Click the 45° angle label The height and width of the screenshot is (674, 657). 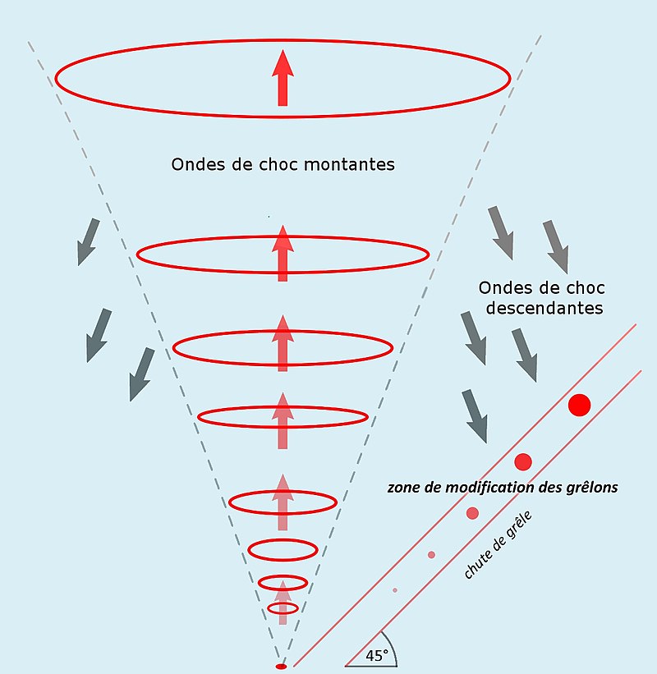[377, 655]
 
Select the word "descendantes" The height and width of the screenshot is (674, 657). [544, 309]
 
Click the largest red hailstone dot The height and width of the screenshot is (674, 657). [579, 405]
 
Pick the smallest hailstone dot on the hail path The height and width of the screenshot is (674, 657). [395, 589]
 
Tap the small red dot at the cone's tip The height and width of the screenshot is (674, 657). [281, 666]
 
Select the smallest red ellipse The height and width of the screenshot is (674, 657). [283, 608]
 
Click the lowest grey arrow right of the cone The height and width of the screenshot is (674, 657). [475, 417]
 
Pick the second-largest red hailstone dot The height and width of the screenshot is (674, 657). [523, 461]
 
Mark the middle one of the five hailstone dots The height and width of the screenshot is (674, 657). [472, 513]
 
